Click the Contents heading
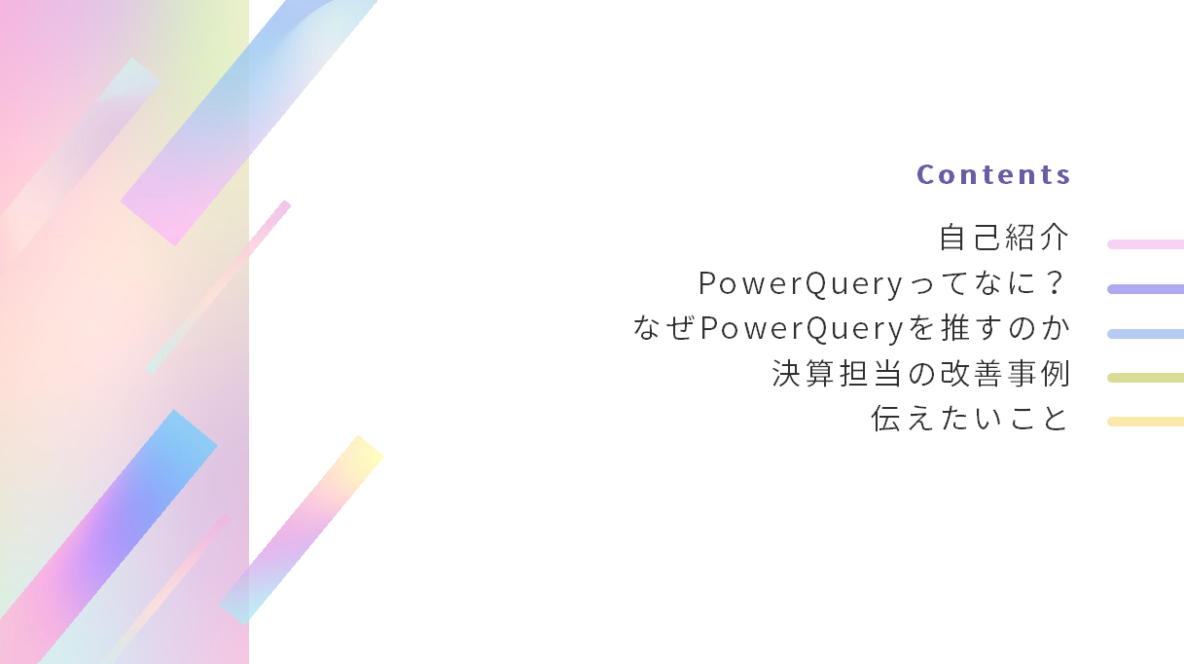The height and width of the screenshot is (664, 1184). tap(993, 174)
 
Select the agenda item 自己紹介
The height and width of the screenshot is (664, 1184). tap(1004, 238)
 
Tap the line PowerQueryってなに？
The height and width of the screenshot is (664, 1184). tap(881, 283)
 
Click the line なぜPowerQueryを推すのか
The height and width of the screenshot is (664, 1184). tap(851, 328)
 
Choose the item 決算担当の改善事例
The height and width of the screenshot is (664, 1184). tap(920, 374)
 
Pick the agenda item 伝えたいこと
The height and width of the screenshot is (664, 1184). tap(970, 419)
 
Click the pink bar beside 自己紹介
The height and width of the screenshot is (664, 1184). tap(1145, 244)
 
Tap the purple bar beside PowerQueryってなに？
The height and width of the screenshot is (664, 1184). tap(1145, 289)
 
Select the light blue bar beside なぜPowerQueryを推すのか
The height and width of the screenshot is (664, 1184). tap(1145, 334)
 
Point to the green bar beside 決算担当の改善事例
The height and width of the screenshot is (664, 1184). tap(1145, 378)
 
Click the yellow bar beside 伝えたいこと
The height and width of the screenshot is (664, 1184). tap(1145, 422)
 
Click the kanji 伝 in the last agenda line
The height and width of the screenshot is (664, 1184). tap(885, 419)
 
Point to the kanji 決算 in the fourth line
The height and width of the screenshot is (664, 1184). tap(804, 374)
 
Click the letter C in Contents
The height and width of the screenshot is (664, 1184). tap(925, 174)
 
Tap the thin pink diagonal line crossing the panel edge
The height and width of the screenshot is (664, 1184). tap(218, 287)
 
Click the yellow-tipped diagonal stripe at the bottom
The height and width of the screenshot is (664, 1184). tap(302, 531)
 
